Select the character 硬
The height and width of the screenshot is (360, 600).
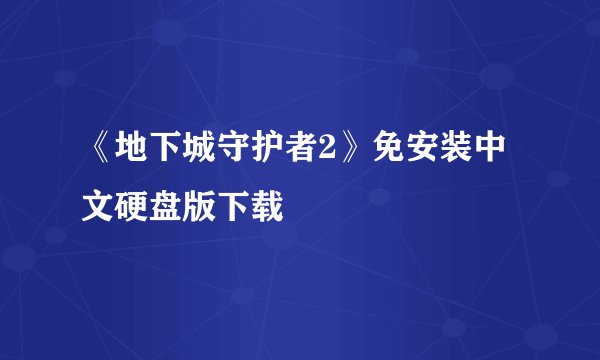coord(133,208)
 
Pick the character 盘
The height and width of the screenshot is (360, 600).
coord(167,208)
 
